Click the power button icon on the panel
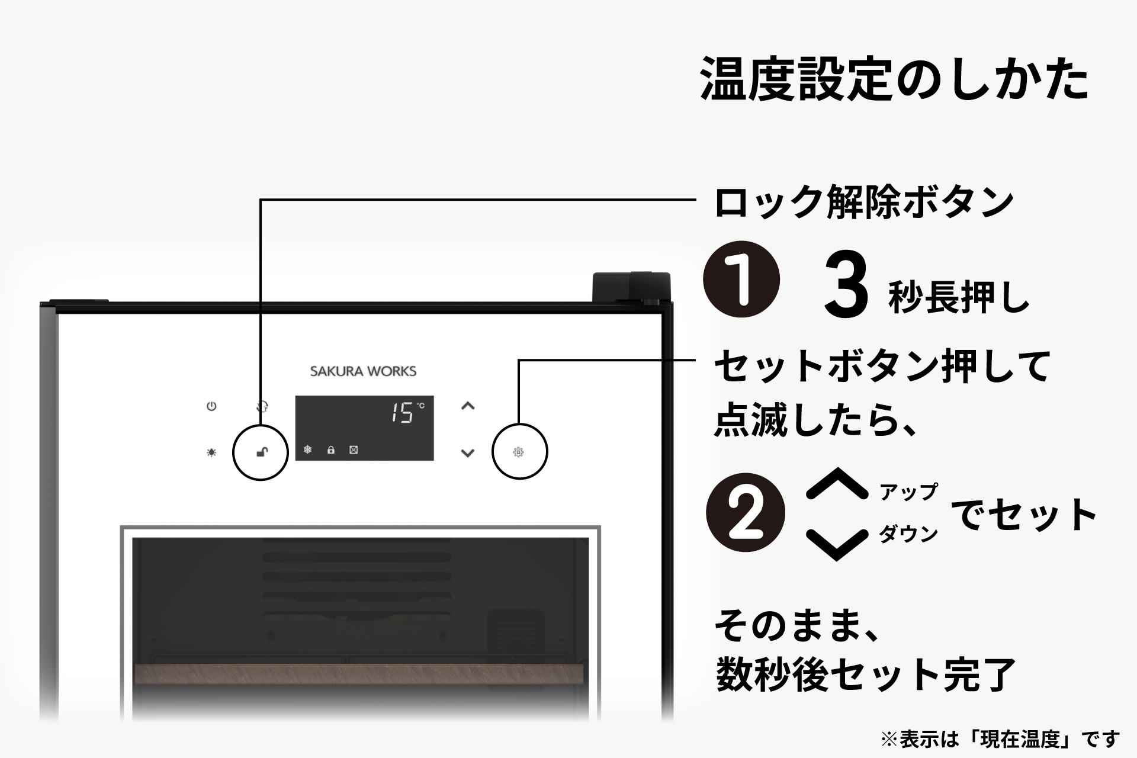coord(211,406)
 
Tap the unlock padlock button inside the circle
coord(261,452)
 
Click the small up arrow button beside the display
coord(468,406)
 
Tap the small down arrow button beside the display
coord(468,453)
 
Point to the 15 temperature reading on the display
coord(402,413)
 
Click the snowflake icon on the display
coord(308,449)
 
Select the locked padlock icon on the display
coord(331,450)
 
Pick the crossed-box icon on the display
coord(354,450)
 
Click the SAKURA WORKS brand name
coord(363,371)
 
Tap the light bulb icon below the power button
coord(211,452)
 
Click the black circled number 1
coord(741,279)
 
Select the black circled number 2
coord(746,513)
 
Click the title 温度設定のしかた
coord(894,79)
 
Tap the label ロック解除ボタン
coord(864,203)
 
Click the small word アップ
coord(908,492)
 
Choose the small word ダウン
coord(908,534)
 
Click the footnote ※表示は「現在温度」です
coord(1000,739)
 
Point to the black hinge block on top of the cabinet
coord(631,287)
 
